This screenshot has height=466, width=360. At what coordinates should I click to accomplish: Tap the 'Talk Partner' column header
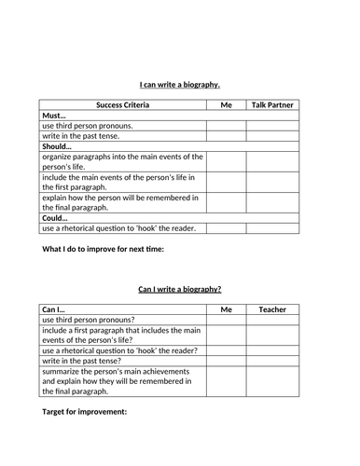(x=272, y=105)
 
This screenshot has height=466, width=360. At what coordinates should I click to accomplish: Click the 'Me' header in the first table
(x=225, y=105)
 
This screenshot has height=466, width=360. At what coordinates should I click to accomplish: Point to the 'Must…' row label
(x=56, y=116)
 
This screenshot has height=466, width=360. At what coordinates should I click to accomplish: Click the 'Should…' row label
(x=61, y=146)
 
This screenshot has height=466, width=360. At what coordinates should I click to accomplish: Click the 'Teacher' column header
(x=272, y=309)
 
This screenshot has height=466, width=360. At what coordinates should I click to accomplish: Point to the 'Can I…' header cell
(x=55, y=309)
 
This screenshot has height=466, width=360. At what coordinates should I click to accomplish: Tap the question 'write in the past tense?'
(x=81, y=361)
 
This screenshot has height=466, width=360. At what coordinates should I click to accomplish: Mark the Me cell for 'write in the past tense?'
(x=225, y=361)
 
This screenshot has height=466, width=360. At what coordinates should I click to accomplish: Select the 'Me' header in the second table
(x=225, y=309)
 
